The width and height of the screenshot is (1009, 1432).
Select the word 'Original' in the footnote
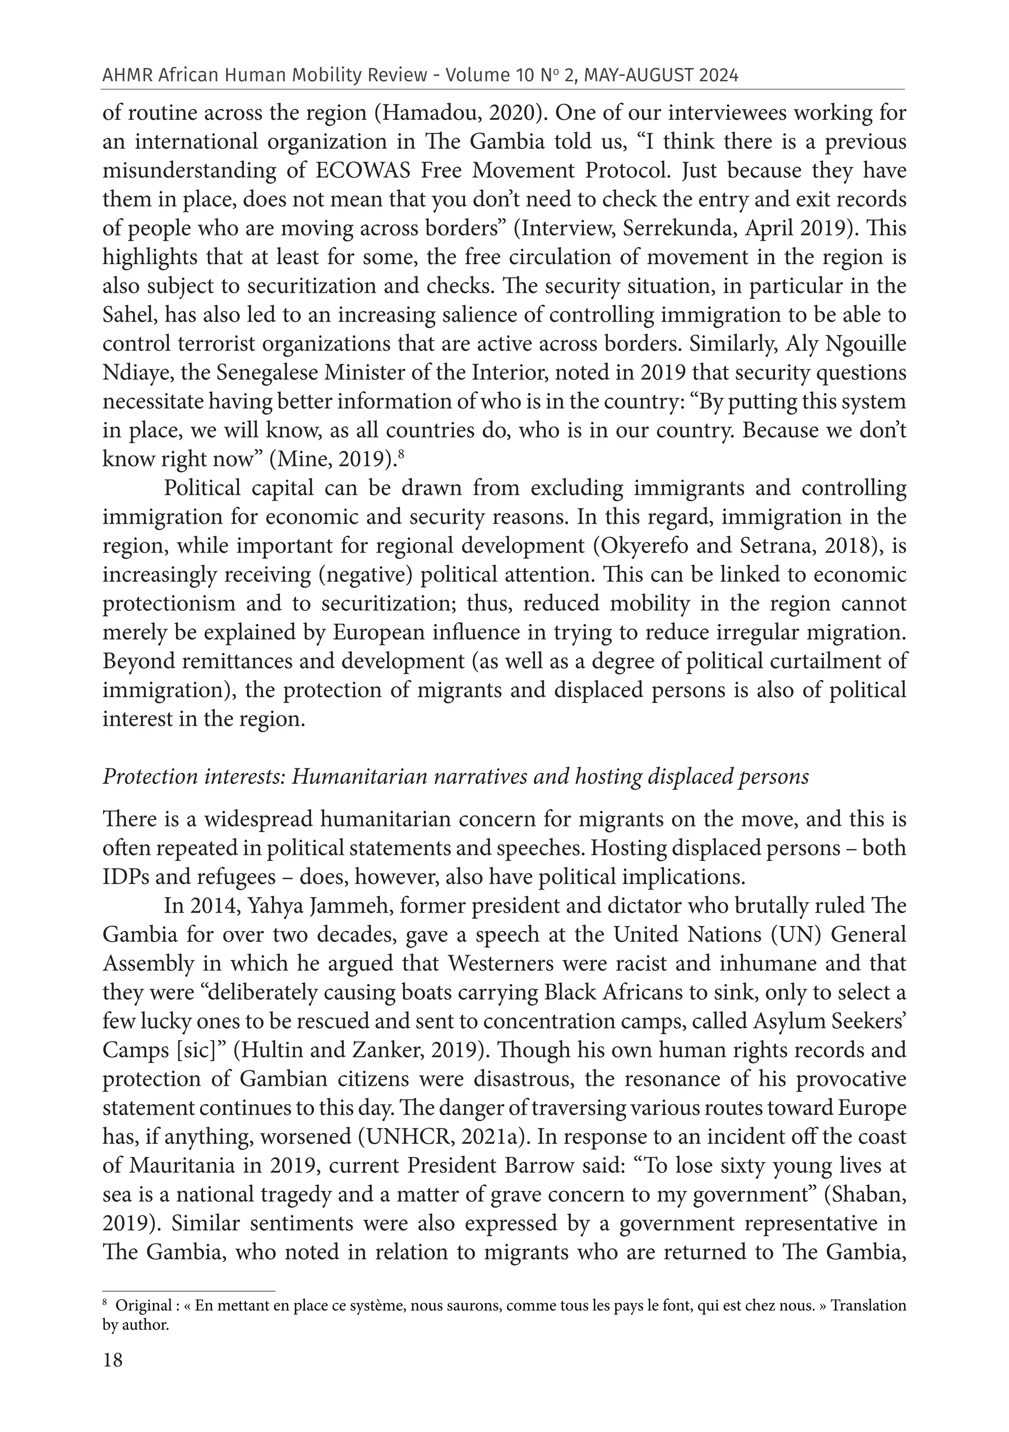click(143, 1305)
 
